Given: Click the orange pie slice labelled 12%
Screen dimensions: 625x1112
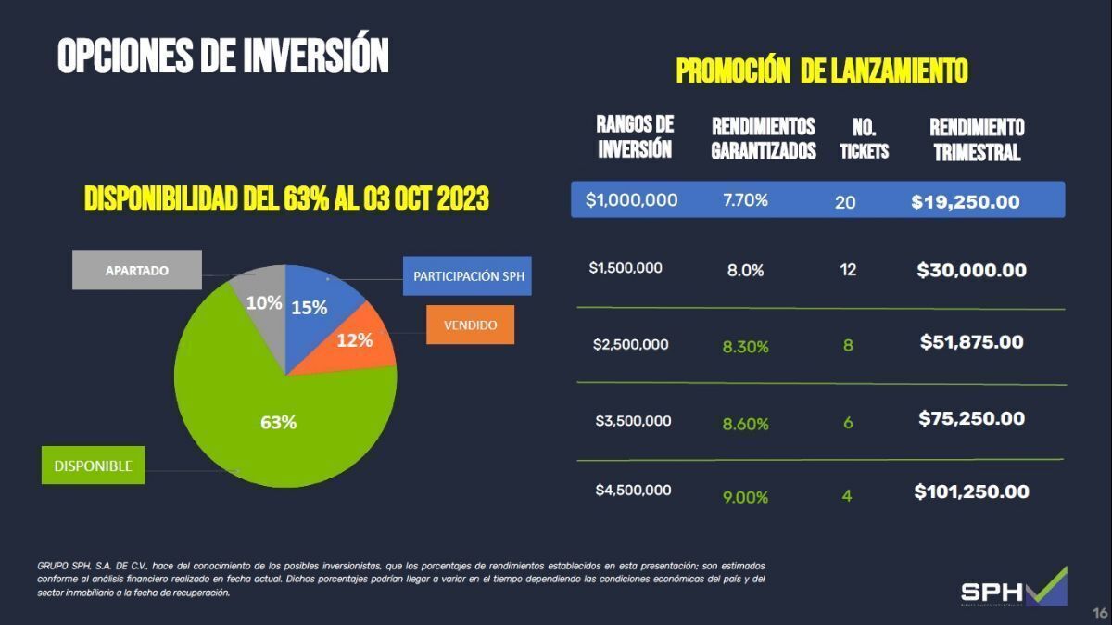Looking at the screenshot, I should point(357,339).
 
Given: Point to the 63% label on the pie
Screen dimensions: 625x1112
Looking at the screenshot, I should point(278,423).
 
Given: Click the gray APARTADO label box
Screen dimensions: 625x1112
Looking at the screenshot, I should point(137,271).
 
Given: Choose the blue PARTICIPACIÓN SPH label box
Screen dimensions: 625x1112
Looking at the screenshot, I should point(467,276).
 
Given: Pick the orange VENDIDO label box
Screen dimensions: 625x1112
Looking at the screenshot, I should point(470,325).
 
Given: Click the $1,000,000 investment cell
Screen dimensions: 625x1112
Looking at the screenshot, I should point(631,200).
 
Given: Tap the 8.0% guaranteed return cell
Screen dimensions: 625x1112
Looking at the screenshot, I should point(745,271).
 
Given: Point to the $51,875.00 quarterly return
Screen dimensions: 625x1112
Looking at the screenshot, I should point(971,342).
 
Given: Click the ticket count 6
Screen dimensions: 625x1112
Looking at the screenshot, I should point(848,423).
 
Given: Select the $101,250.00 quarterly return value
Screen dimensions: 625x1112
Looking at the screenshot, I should point(971,491).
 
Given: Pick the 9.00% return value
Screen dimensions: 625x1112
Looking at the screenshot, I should point(745,497).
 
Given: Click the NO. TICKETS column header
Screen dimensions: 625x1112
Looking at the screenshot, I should point(864,139).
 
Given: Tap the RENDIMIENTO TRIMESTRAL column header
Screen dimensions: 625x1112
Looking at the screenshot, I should point(977,139).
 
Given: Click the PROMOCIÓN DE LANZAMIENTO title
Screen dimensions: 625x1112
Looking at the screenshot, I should point(822,70).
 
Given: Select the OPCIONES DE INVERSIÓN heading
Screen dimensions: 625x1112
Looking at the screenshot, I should point(222,56).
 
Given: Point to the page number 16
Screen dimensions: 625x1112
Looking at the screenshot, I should point(1100,612).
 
